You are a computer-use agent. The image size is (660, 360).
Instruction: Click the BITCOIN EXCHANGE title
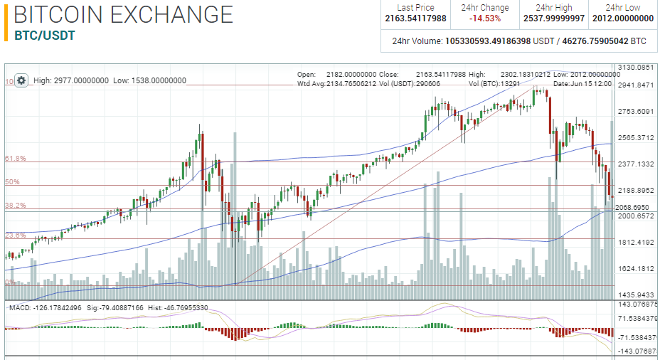pyautogui.click(x=123, y=14)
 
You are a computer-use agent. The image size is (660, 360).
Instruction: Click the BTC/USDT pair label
pyautogui.click(x=45, y=35)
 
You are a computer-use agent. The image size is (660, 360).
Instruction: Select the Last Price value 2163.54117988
pyautogui.click(x=416, y=18)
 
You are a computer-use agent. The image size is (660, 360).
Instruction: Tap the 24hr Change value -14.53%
pyautogui.click(x=484, y=18)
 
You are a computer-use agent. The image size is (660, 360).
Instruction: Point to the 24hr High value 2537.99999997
pyautogui.click(x=553, y=18)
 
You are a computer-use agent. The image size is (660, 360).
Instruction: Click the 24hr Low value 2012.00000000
pyautogui.click(x=623, y=18)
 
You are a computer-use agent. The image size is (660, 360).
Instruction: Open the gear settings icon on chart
pyautogui.click(x=21, y=80)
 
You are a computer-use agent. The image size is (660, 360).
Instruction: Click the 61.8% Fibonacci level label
pyautogui.click(x=16, y=159)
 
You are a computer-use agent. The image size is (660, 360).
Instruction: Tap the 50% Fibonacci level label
pyautogui.click(x=12, y=182)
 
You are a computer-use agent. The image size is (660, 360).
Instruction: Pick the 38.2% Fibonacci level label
pyautogui.click(x=16, y=206)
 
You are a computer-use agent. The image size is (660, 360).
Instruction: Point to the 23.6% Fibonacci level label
pyautogui.click(x=16, y=235)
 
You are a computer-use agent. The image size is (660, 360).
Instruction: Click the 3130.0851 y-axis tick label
pyautogui.click(x=636, y=68)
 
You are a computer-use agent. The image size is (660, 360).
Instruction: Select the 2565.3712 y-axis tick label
pyautogui.click(x=636, y=137)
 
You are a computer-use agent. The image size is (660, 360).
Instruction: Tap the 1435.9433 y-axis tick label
pyautogui.click(x=636, y=295)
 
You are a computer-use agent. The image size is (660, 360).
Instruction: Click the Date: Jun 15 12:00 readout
pyautogui.click(x=582, y=84)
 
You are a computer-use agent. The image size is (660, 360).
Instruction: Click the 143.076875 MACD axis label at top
pyautogui.click(x=637, y=305)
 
